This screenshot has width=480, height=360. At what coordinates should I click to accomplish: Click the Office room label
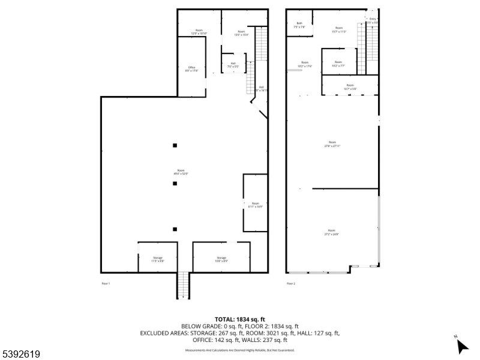pos(191,69)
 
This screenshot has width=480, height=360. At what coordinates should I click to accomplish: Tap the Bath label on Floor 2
pos(299,25)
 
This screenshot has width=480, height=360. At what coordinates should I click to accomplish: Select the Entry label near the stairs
pos(373,20)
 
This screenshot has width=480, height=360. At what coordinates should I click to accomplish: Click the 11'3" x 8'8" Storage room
pos(157,259)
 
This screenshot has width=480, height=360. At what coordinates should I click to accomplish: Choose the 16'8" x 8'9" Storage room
pos(221,259)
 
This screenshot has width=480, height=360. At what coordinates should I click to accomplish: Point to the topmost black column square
pos(175,145)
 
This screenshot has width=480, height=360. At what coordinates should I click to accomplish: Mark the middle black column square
pos(175,184)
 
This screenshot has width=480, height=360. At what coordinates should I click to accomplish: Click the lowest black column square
pos(175,229)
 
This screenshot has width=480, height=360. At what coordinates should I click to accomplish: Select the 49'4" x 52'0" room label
pos(181,172)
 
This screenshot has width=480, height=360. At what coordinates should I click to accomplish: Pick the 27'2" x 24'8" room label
pos(331,232)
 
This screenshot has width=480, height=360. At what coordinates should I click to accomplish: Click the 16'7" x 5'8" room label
pos(350,87)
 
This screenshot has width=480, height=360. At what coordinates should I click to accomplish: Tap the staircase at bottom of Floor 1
pos(183,285)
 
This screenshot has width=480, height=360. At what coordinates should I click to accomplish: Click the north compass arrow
pos(461,346)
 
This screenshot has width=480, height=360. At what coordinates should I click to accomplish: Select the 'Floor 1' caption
pos(106,283)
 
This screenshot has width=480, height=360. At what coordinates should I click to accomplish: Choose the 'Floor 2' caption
pos(291,283)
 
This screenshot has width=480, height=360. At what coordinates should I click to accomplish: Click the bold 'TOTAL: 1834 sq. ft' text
pos(240,319)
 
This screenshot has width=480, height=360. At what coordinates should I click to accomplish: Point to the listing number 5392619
pos(21,354)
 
